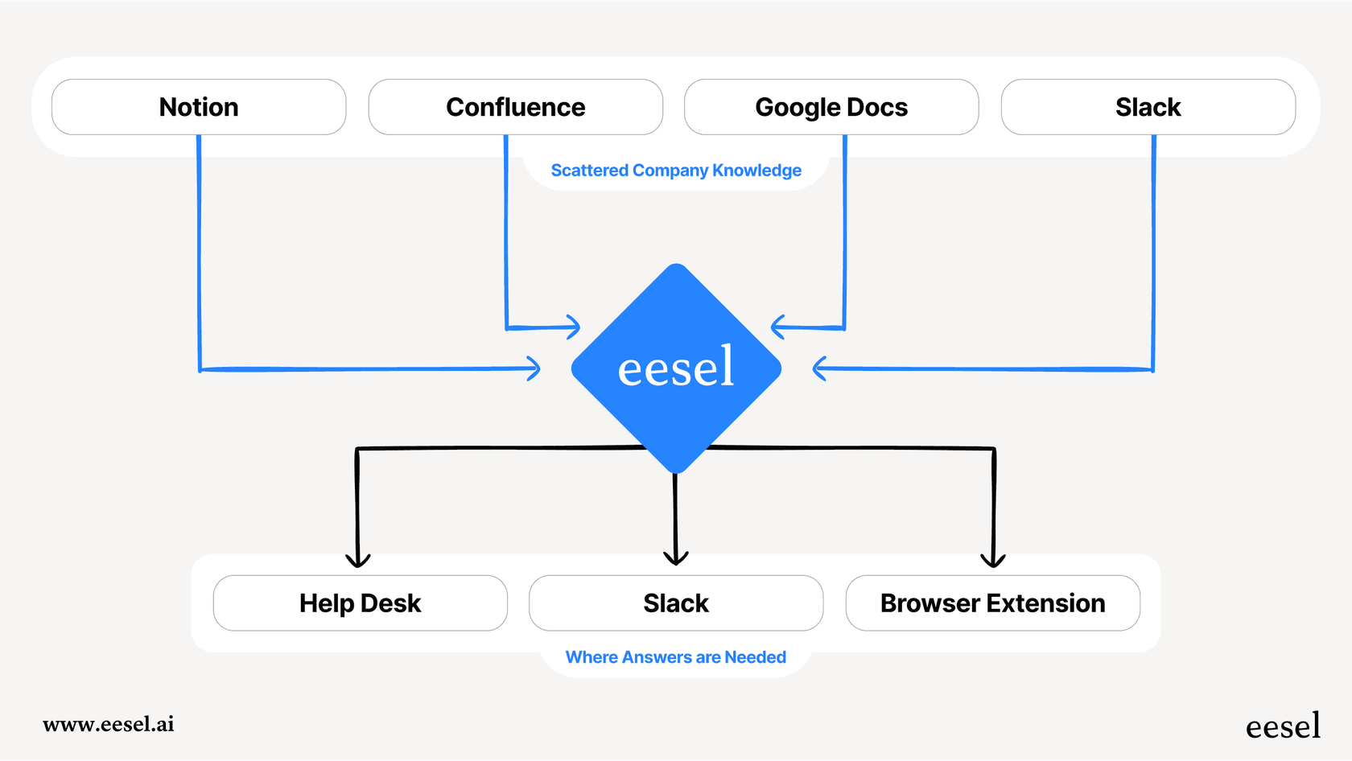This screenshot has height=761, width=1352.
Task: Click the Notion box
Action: click(x=199, y=107)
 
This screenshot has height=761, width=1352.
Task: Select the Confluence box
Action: click(x=515, y=107)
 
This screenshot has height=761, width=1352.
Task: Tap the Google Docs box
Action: click(x=831, y=107)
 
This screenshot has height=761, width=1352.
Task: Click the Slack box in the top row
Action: click(x=1148, y=107)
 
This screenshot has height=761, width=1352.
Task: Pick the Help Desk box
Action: click(x=360, y=603)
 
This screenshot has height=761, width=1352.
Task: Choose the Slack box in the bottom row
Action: click(x=676, y=603)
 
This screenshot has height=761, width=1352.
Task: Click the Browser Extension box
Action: click(x=992, y=603)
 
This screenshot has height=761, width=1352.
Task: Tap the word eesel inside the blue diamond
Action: click(x=676, y=368)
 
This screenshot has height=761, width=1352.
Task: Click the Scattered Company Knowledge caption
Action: click(x=676, y=171)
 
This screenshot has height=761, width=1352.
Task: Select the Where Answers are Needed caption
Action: click(x=676, y=657)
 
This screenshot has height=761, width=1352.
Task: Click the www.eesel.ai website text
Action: click(x=109, y=724)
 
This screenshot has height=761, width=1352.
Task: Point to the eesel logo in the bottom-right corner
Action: click(x=1283, y=726)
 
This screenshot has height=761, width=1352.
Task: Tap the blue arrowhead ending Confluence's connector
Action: click(x=575, y=327)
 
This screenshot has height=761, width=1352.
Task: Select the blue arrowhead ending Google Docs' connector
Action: click(x=777, y=327)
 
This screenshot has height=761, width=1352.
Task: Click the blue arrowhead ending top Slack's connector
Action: click(x=818, y=368)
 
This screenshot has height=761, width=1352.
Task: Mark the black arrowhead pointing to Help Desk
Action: click(x=358, y=561)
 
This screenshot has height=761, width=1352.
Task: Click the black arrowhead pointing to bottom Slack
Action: click(x=676, y=558)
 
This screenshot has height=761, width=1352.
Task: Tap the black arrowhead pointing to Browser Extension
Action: click(x=993, y=561)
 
